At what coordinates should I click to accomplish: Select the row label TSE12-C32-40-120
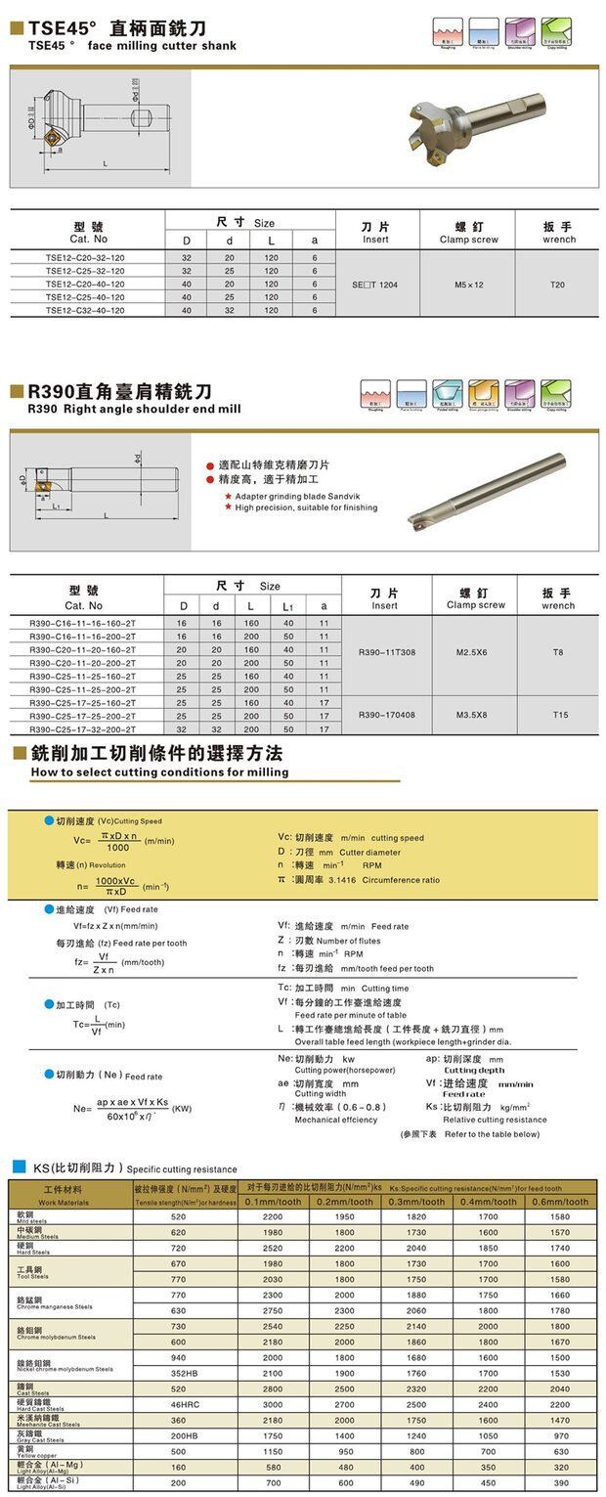85,310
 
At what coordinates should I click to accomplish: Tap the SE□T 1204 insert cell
375,284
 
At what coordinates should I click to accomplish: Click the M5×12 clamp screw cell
468,284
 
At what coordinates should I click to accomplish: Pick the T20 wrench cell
557,284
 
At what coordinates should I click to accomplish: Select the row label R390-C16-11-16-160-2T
83,622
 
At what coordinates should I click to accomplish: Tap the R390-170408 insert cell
386,715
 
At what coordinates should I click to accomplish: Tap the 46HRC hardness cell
178,1404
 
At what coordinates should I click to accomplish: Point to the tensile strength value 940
178,1357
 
